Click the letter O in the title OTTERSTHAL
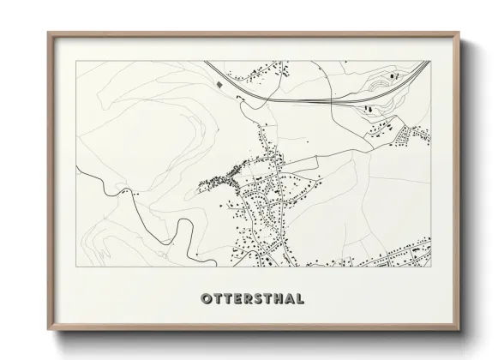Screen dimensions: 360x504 206,298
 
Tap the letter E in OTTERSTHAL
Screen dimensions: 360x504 236,298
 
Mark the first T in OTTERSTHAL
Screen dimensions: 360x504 216,298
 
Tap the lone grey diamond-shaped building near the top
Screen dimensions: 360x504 219,85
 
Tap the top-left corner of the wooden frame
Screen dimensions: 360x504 49,33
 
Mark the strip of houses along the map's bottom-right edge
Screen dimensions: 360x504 394,256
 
